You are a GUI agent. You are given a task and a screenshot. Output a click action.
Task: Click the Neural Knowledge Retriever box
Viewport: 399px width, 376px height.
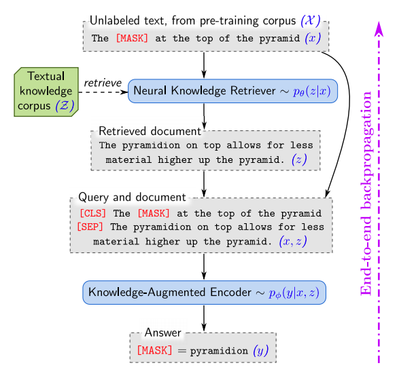pyautogui.click(x=232, y=91)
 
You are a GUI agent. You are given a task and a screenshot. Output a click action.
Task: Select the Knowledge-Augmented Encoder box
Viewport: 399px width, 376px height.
pyautogui.click(x=204, y=293)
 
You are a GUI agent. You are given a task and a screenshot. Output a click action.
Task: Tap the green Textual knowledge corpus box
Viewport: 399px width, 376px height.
pyautogui.click(x=46, y=92)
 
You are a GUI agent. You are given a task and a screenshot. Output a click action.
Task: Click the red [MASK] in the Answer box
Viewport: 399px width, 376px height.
pyautogui.click(x=154, y=350)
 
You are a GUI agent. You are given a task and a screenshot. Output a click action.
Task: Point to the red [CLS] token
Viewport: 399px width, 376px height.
pyautogui.click(x=92, y=213)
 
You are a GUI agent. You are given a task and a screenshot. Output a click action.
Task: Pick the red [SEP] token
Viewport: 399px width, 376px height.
pyautogui.click(x=90, y=227)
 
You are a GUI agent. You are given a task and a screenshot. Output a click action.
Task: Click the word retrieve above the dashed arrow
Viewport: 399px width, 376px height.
pyautogui.click(x=103, y=83)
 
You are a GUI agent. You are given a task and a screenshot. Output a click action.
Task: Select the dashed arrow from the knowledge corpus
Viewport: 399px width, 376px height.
pyautogui.click(x=103, y=92)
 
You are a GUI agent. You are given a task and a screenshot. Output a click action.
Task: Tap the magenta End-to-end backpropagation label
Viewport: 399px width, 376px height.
pyautogui.click(x=366, y=193)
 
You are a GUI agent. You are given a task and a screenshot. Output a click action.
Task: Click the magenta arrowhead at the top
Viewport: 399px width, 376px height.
pyautogui.click(x=379, y=29)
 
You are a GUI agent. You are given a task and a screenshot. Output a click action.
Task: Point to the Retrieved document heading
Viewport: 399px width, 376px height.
pyautogui.click(x=150, y=131)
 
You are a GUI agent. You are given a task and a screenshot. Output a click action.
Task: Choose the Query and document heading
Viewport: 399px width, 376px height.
pyautogui.click(x=132, y=197)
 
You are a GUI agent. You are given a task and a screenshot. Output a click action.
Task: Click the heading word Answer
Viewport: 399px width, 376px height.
pyautogui.click(x=163, y=333)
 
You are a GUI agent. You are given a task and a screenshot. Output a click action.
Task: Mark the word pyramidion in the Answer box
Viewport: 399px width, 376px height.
pyautogui.click(x=219, y=351)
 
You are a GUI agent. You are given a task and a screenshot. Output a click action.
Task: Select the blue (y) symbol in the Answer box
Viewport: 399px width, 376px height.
pyautogui.click(x=261, y=351)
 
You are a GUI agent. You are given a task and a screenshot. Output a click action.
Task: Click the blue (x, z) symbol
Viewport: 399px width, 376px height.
pyautogui.click(x=293, y=241)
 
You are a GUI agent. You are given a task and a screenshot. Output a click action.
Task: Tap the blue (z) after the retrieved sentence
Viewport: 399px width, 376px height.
pyautogui.click(x=299, y=159)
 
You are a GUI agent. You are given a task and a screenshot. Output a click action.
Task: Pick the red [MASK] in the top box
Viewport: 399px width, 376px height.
pyautogui.click(x=132, y=38)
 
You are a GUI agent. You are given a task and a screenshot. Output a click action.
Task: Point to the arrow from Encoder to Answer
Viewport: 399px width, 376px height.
pyautogui.click(x=204, y=318)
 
